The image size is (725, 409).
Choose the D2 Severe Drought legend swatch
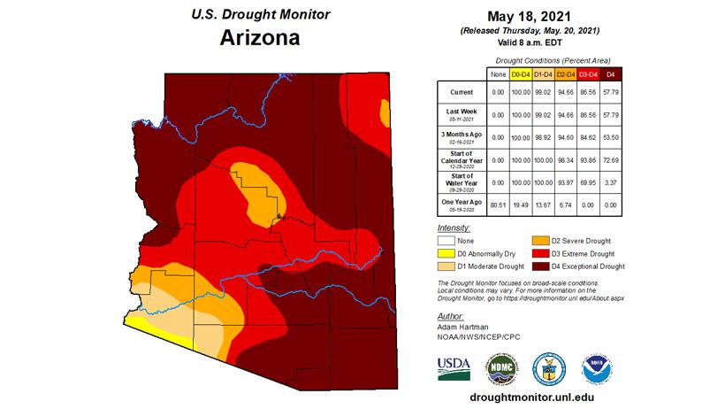539,241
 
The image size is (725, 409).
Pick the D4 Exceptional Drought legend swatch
539,266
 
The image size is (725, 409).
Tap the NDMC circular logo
500,367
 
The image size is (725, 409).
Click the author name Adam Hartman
463,327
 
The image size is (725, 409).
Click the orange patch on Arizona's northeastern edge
385,113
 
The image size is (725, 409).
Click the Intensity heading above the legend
454,228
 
